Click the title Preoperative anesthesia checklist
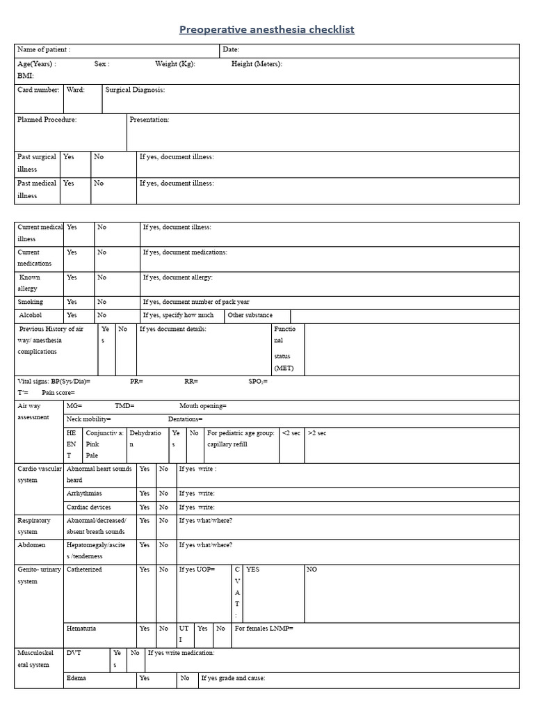[x=267, y=29]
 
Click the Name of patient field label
[x=44, y=50]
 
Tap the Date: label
[x=232, y=50]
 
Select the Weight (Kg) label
[x=175, y=64]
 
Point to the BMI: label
[x=25, y=76]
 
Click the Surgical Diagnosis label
[x=135, y=90]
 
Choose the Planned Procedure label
[x=47, y=120]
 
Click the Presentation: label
[x=149, y=120]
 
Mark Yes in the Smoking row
[x=72, y=302]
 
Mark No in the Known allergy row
[x=102, y=277]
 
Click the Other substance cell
[x=250, y=315]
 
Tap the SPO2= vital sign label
[x=258, y=381]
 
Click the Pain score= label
[x=58, y=393]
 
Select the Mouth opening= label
[x=203, y=405]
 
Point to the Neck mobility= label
[x=89, y=419]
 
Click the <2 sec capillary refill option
[x=291, y=432]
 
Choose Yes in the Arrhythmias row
[x=145, y=493]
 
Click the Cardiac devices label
[x=88, y=507]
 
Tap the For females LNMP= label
[x=264, y=628]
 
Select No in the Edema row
[x=185, y=678]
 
